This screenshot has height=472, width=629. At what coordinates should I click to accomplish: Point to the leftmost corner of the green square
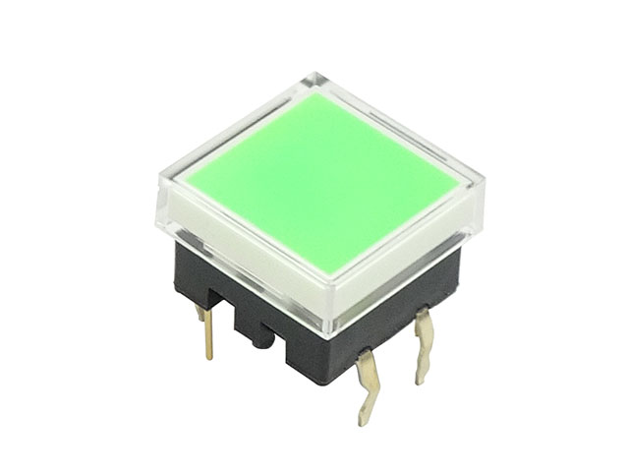click(183, 179)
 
